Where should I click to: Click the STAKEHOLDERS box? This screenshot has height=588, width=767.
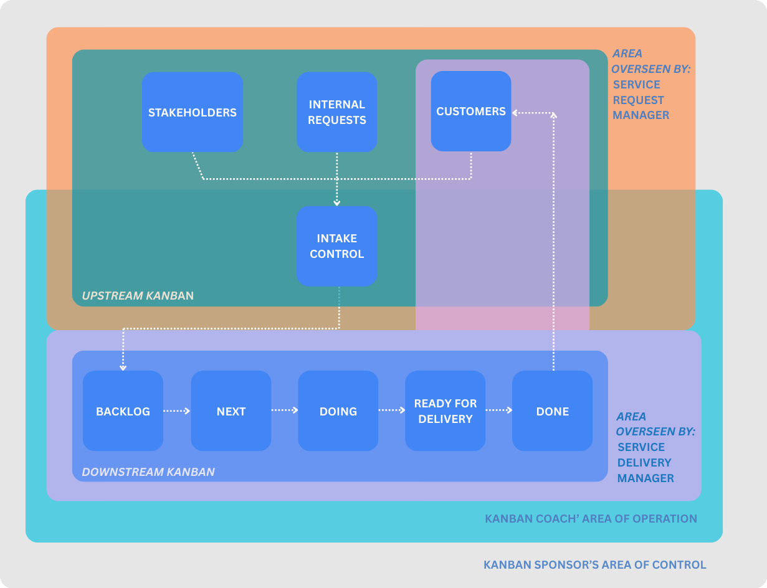click(192, 112)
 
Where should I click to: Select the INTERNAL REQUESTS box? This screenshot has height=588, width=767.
click(336, 112)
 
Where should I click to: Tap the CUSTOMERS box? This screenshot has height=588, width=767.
click(471, 111)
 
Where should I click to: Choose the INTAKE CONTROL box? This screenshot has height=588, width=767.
click(336, 246)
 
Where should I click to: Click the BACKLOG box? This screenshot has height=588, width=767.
click(123, 411)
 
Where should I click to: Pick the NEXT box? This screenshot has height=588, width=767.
click(231, 411)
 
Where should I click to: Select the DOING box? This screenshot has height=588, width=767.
click(338, 411)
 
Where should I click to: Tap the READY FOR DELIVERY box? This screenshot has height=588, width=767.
click(445, 411)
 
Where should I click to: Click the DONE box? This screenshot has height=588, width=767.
click(552, 411)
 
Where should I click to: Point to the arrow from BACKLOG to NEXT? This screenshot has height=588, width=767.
click(177, 411)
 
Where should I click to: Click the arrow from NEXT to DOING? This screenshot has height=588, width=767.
click(285, 410)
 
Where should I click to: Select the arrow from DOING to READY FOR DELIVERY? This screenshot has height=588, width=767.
click(392, 410)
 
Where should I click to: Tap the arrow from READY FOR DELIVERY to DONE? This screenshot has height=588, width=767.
click(499, 410)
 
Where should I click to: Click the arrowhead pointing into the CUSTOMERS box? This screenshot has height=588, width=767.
click(515, 113)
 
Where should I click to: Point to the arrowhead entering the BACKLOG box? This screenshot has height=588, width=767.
click(123, 367)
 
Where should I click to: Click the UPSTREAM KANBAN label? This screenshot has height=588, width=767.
click(138, 295)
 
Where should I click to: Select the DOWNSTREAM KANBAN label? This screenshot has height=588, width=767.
click(148, 472)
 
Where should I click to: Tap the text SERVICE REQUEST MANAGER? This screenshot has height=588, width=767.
click(641, 100)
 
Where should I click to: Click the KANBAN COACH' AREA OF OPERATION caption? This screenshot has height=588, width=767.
click(591, 518)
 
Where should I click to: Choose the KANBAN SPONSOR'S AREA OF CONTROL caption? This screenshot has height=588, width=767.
click(595, 565)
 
